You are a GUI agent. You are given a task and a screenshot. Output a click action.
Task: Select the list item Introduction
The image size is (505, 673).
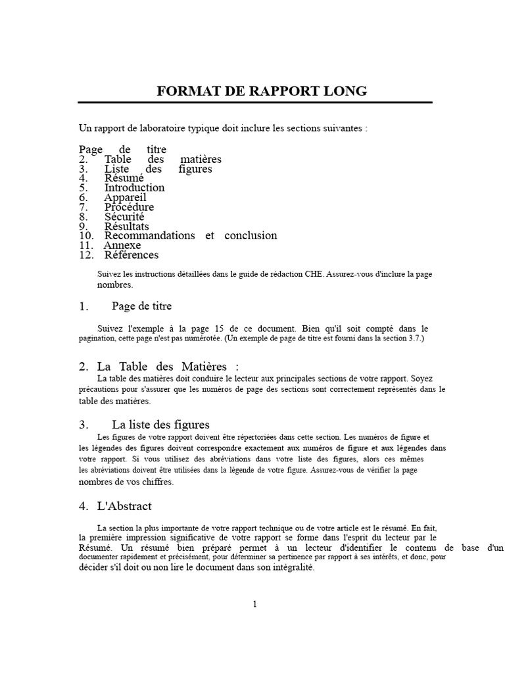[x=134, y=188]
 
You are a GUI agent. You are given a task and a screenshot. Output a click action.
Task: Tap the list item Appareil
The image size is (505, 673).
[x=125, y=198]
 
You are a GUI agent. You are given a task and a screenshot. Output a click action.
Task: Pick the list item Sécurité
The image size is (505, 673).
[x=124, y=217]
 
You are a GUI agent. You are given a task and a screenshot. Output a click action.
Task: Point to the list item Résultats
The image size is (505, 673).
[x=126, y=227]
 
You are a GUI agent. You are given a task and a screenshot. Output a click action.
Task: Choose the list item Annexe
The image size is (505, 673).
[x=122, y=246]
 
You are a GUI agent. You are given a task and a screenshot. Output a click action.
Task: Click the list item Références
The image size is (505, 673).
[x=131, y=255]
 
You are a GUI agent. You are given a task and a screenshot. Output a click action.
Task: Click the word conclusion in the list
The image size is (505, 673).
[x=251, y=236]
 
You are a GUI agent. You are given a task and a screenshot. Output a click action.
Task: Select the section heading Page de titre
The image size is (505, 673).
[x=141, y=306]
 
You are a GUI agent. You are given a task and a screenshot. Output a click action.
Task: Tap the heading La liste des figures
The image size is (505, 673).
[x=160, y=425]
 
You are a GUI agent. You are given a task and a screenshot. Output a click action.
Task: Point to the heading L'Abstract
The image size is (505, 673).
[x=124, y=506]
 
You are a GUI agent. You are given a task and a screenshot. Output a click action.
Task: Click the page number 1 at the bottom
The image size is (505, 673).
[x=254, y=605]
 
